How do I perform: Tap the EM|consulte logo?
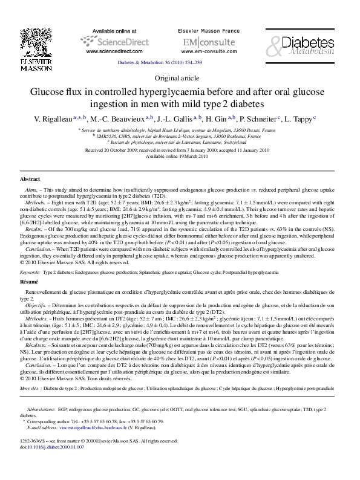click(200, 42)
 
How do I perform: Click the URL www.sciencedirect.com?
click(111, 53)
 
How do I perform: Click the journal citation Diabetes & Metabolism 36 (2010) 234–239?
click(180, 62)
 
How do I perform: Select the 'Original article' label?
click(180, 78)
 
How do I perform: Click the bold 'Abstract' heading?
click(30, 180)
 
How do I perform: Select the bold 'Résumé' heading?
click(30, 282)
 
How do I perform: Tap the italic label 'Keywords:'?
click(30, 273)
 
